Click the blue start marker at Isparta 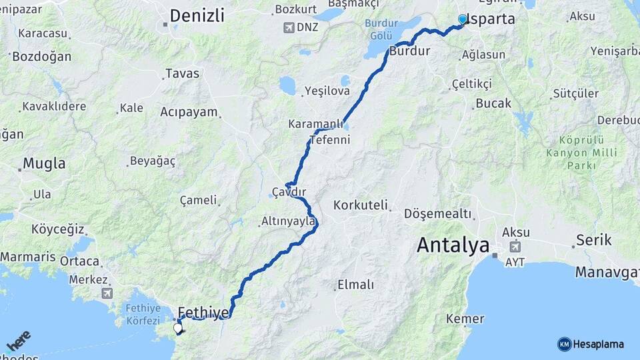pyautogui.click(x=463, y=20)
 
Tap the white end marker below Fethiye pyautogui.click(x=178, y=327)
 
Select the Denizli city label pyautogui.click(x=197, y=16)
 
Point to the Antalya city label pyautogui.click(x=453, y=245)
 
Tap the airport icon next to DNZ pyautogui.click(x=288, y=27)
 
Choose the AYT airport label pyautogui.click(x=515, y=262)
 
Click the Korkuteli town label pyautogui.click(x=360, y=205)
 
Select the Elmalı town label pyautogui.click(x=355, y=285)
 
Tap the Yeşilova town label pyautogui.click(x=327, y=91)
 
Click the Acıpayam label pyautogui.click(x=189, y=112)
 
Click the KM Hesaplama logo pyautogui.click(x=591, y=344)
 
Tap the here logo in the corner pyautogui.click(x=18, y=341)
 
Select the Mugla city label pyautogui.click(x=44, y=163)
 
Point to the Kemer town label pyautogui.click(x=465, y=319)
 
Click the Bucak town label pyautogui.click(x=493, y=103)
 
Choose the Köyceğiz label pyautogui.click(x=57, y=229)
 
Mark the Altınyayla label pyautogui.click(x=288, y=221)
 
